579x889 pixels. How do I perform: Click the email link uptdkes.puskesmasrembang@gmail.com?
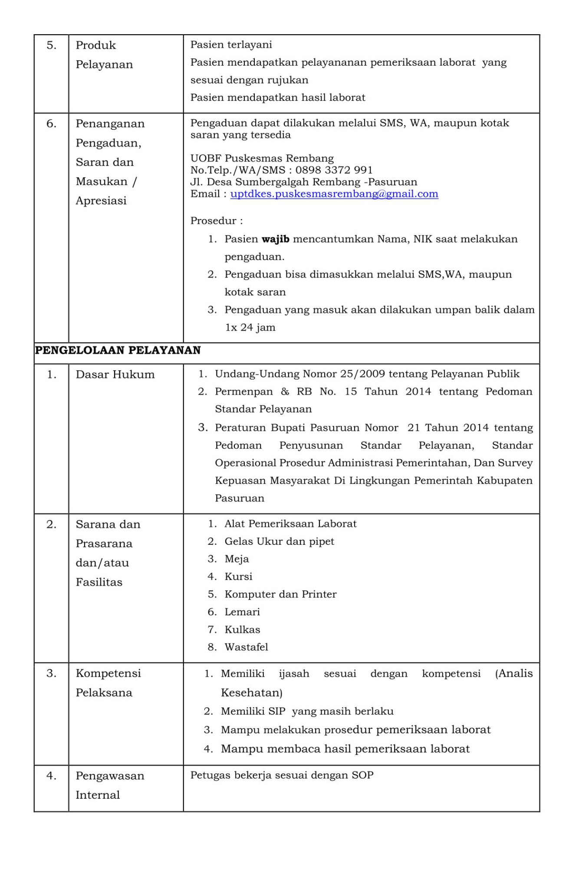point(334,194)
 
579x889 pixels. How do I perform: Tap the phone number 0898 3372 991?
point(334,170)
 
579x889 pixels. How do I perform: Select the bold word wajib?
point(276,239)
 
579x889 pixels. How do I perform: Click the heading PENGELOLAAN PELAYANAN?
point(118,351)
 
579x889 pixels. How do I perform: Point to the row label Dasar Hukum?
point(115,375)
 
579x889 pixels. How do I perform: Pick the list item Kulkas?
point(242,629)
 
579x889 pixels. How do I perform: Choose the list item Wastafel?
point(246,647)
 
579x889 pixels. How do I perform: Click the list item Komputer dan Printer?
point(280,594)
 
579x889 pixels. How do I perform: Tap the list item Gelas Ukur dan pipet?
point(279,541)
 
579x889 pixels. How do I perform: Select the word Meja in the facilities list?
point(237,559)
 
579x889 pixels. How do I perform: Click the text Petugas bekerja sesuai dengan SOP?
point(282,775)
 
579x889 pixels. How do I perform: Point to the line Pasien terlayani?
point(231,45)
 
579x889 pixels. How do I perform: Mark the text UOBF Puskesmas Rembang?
point(262,158)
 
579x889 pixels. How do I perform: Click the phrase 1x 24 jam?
point(250,328)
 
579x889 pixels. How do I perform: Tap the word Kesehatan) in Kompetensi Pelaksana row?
point(251,693)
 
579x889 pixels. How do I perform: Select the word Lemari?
point(242,612)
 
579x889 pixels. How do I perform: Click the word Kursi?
point(238,576)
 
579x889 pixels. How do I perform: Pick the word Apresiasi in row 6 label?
point(101,201)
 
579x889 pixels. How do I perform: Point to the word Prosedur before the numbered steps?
point(213,221)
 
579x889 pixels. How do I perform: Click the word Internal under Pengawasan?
point(98,795)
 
